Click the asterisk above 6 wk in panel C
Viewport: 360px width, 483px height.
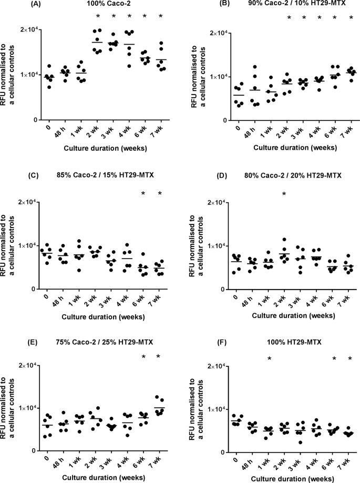pos(143,194)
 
